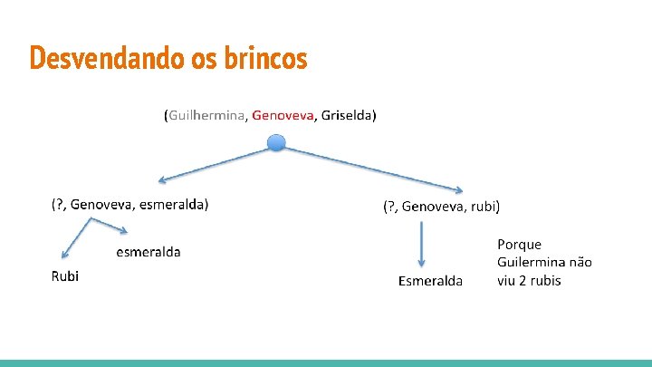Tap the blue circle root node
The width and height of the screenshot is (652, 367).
click(277, 142)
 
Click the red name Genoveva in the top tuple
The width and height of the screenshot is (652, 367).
click(283, 115)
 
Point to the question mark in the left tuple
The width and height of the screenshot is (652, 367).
click(60, 204)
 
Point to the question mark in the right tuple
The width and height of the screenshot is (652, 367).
click(393, 207)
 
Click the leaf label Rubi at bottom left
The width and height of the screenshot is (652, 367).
click(64, 276)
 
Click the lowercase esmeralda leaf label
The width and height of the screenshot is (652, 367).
click(149, 252)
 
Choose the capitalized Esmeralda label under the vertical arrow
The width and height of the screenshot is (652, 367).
click(430, 281)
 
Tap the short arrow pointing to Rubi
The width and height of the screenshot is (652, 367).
click(72, 241)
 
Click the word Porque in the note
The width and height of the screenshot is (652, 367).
click(520, 245)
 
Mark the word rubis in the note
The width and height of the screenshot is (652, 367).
click(542, 280)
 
